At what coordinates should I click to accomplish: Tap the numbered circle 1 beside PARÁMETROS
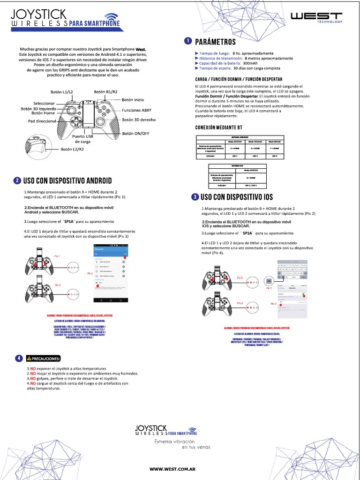(x=188, y=41)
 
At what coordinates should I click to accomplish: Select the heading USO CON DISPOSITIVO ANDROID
(x=67, y=180)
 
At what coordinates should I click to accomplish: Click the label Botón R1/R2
(x=105, y=92)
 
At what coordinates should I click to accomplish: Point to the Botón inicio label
(x=133, y=100)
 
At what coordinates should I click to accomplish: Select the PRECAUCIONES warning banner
(x=45, y=359)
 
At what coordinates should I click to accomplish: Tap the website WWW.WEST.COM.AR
(x=172, y=469)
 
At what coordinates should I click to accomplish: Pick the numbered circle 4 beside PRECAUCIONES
(x=18, y=359)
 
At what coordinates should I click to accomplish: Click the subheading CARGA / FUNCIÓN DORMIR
(x=239, y=80)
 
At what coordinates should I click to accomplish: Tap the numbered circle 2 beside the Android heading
(x=17, y=180)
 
